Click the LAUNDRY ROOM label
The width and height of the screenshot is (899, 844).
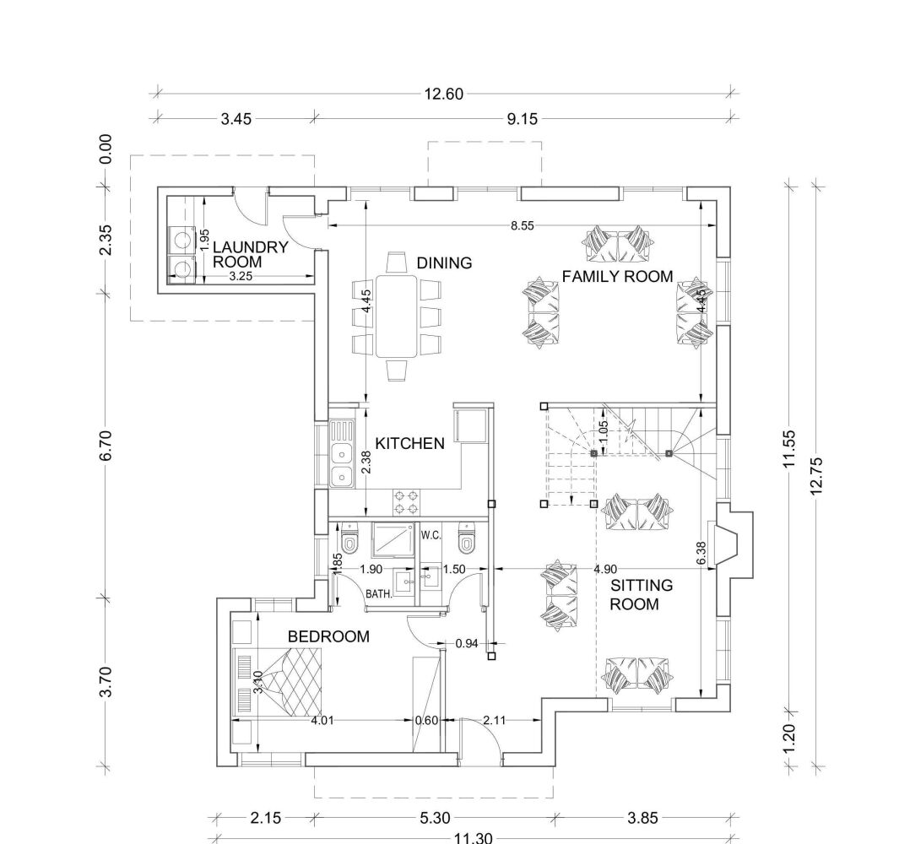tap(250, 255)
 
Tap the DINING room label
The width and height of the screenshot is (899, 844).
tap(444, 263)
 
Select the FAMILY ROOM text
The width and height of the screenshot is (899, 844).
tap(617, 276)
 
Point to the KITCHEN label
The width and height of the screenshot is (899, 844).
tap(409, 443)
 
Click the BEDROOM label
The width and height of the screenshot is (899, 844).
tap(328, 636)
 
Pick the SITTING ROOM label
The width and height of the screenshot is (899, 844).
tap(641, 594)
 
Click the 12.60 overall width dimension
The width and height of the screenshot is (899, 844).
tap(443, 94)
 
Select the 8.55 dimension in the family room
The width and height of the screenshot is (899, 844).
tap(523, 225)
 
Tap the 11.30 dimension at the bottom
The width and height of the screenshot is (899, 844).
tap(473, 838)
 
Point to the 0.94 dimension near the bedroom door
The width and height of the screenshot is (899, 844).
tap(467, 643)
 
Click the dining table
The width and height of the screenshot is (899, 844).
tap(396, 316)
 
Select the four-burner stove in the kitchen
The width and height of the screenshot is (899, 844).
tap(406, 501)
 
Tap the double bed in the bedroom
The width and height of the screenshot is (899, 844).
tap(279, 682)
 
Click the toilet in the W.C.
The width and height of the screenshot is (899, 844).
tap(467, 537)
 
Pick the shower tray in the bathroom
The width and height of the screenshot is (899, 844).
tap(393, 539)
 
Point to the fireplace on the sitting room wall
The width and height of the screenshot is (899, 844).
tap(729, 541)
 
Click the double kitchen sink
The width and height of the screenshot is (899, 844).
tap(342, 453)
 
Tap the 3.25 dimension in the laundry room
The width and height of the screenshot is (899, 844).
tap(241, 276)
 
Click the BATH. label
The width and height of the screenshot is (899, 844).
tap(379, 594)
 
